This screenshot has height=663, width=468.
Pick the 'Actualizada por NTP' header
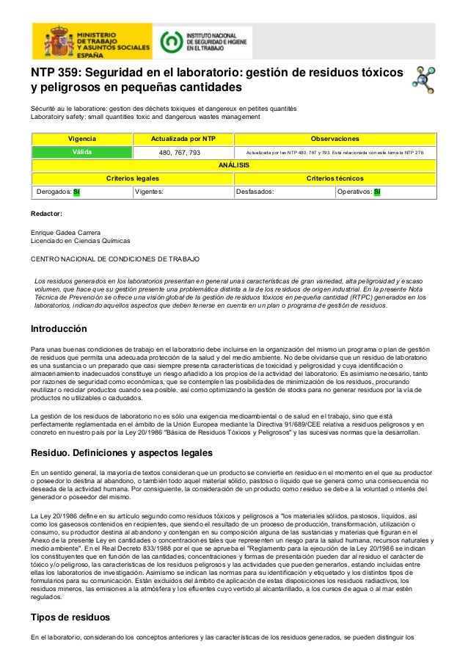tap(183, 139)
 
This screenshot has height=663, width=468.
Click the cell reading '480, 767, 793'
tap(183, 153)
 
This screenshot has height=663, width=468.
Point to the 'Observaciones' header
tap(334, 139)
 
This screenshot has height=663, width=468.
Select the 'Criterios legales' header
tap(132, 178)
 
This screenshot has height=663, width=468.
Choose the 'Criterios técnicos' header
tap(334, 178)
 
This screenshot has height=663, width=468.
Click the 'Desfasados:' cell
tap(284, 192)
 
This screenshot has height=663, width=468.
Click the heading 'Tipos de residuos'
tap(70, 617)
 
